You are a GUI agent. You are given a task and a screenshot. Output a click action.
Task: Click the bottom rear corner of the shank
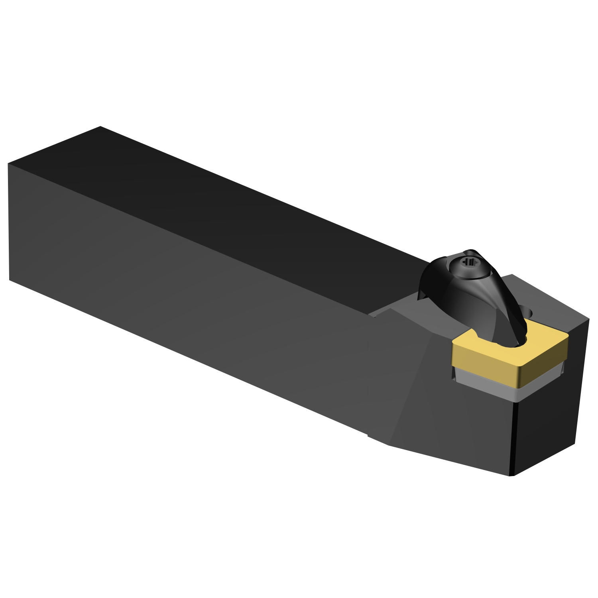pyautogui.click(x=10, y=280)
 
